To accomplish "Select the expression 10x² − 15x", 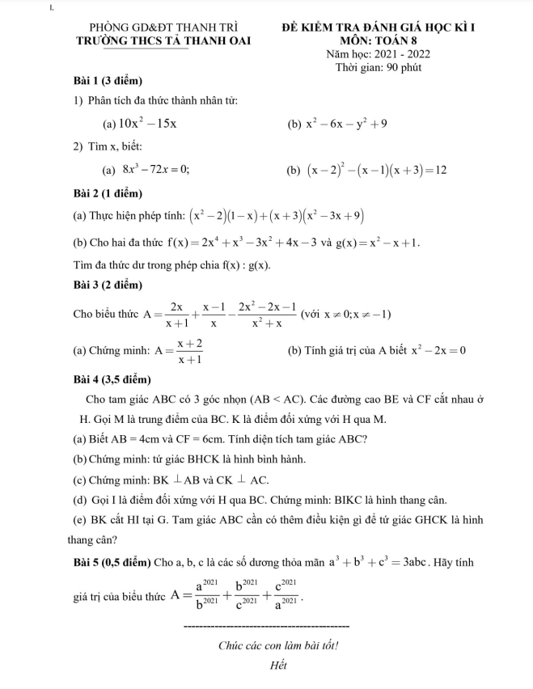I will click(148, 124).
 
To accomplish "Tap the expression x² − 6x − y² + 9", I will click(347, 124).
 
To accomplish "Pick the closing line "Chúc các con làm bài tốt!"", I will click(278, 645).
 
